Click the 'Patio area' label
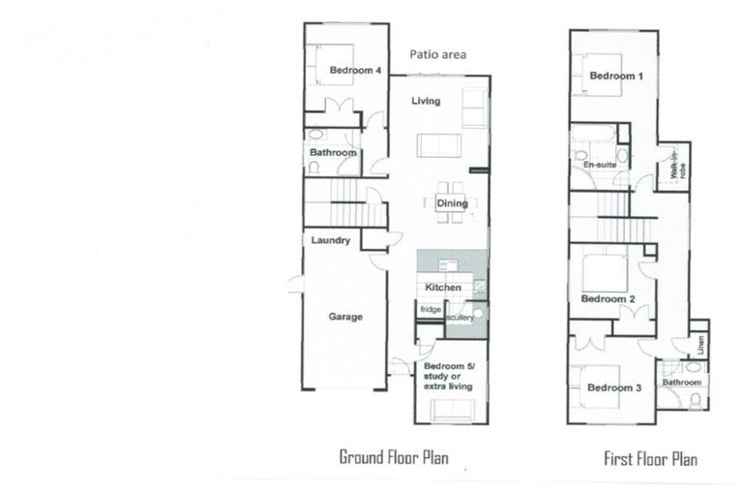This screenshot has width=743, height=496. [x=437, y=55]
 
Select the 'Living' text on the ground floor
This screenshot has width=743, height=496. [x=426, y=101]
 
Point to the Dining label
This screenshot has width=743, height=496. [x=452, y=203]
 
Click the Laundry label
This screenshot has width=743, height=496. [x=331, y=240]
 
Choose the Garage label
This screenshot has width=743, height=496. [x=345, y=317]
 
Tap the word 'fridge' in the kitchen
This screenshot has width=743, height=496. [x=430, y=309]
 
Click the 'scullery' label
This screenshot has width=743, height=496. [x=460, y=317]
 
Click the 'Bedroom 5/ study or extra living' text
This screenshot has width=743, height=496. [x=447, y=377]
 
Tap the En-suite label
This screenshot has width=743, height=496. [x=600, y=166]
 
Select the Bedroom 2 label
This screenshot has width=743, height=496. [x=608, y=299]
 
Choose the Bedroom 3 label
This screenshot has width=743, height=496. [x=613, y=388]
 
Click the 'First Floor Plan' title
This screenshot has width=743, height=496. [x=650, y=458]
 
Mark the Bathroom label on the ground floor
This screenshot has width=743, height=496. [x=334, y=153]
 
